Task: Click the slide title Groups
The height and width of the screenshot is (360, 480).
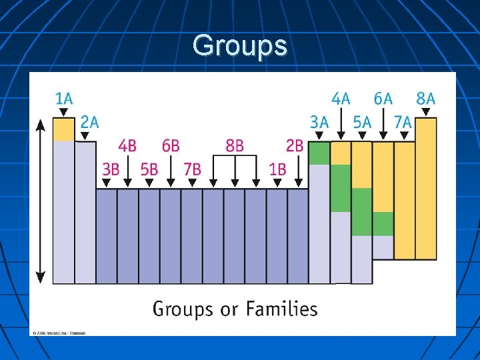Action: click(240, 46)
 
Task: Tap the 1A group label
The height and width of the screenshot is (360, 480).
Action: click(63, 99)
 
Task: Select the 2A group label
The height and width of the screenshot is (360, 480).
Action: click(89, 122)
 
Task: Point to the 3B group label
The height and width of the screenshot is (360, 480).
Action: click(111, 169)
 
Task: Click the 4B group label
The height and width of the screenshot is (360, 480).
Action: click(128, 145)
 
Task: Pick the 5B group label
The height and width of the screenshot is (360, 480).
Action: click(149, 169)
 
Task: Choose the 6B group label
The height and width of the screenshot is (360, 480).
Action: click(171, 145)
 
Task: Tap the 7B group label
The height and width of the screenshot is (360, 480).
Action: click(191, 169)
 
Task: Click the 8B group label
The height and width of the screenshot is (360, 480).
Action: click(235, 145)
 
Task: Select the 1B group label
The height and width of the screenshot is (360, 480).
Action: click(277, 169)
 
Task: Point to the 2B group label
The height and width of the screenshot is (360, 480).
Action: click(295, 145)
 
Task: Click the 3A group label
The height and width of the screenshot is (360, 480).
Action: click(319, 122)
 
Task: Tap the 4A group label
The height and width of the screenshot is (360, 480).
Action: click(341, 99)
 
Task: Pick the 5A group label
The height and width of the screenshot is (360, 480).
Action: click(362, 122)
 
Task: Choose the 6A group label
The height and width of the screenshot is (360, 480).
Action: click(383, 99)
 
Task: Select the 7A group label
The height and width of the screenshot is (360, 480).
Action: click(403, 122)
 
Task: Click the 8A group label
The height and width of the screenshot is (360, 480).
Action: click(425, 99)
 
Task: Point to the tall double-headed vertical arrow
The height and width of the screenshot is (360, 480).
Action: click(41, 200)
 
